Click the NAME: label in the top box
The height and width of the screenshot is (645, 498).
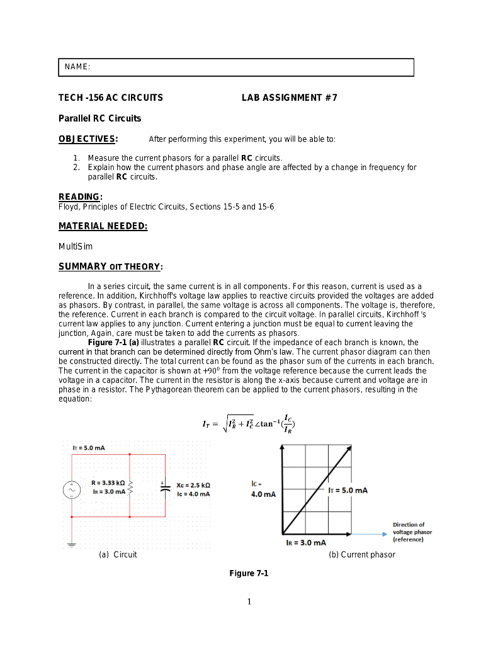click(x=77, y=67)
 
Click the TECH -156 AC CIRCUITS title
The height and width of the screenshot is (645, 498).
click(x=111, y=98)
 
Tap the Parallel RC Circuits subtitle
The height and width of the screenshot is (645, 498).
click(x=99, y=118)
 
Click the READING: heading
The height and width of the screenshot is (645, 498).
click(x=81, y=197)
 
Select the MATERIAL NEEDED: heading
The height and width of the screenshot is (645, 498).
click(x=103, y=226)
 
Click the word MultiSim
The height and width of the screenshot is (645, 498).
click(x=76, y=246)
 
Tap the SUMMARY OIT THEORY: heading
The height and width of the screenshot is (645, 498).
click(x=111, y=266)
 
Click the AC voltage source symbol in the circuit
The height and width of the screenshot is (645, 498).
click(x=71, y=490)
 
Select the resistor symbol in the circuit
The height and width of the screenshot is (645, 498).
click(x=130, y=487)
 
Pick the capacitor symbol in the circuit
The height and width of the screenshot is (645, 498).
click(x=165, y=489)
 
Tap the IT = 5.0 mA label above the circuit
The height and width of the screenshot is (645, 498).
click(x=89, y=448)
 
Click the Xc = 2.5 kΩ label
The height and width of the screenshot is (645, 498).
click(x=193, y=485)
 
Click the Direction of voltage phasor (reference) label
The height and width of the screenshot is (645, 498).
click(x=412, y=532)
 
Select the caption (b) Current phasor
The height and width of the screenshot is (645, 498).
click(x=362, y=555)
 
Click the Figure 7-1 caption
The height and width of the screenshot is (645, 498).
click(x=249, y=573)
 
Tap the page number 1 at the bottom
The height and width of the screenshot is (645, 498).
click(x=249, y=602)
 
